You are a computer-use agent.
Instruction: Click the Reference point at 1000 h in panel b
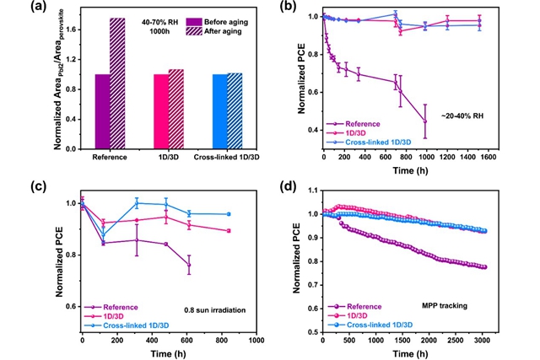click(425, 122)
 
